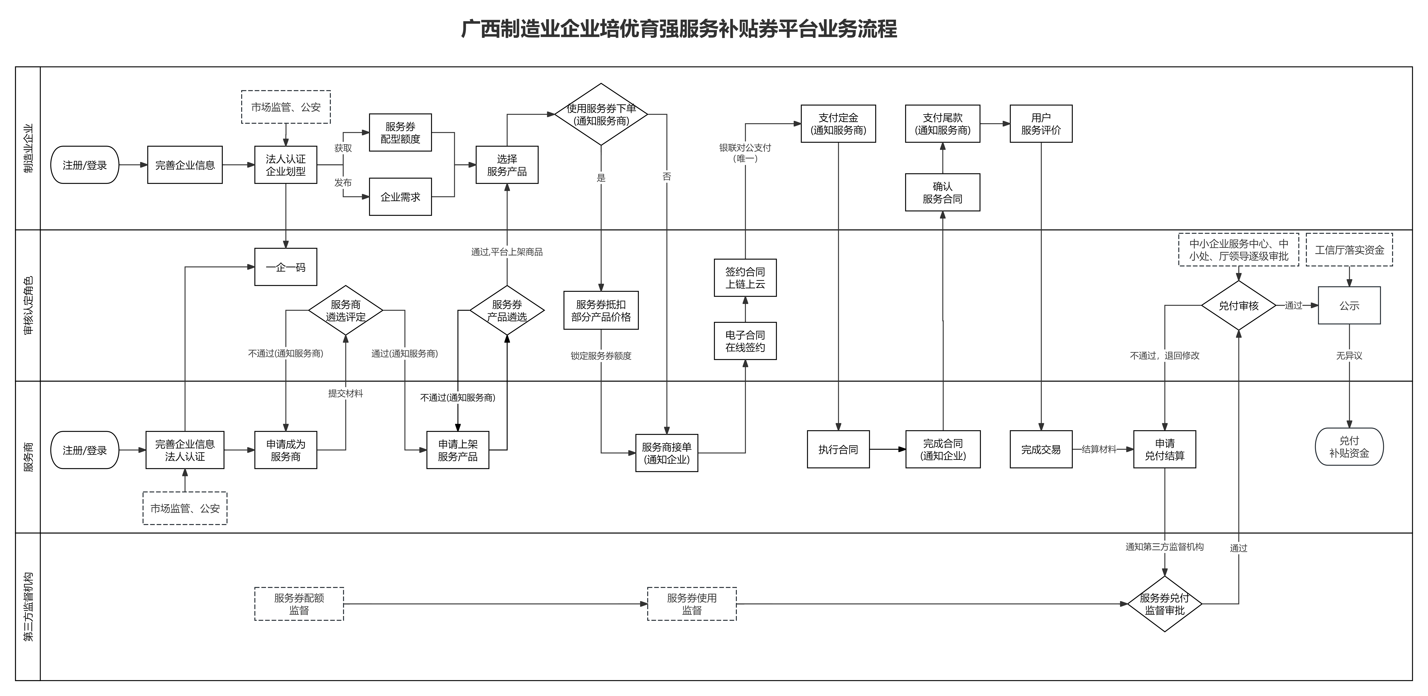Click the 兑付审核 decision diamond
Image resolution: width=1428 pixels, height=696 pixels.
click(x=1238, y=305)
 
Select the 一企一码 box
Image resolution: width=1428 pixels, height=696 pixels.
click(x=285, y=267)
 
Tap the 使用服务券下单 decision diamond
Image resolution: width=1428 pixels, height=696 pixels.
click(x=601, y=114)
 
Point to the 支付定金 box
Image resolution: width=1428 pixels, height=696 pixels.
click(x=838, y=124)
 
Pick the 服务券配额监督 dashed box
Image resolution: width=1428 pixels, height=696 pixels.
click(x=299, y=604)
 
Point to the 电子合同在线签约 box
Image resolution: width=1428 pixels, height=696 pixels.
click(x=745, y=341)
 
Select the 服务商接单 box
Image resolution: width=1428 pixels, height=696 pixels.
click(x=666, y=453)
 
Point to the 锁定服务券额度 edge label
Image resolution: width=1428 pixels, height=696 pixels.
click(x=601, y=356)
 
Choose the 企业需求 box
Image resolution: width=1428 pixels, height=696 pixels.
click(x=400, y=197)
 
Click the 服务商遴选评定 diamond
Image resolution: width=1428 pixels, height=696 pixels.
click(x=345, y=310)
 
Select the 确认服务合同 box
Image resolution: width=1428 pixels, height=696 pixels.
click(x=942, y=192)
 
